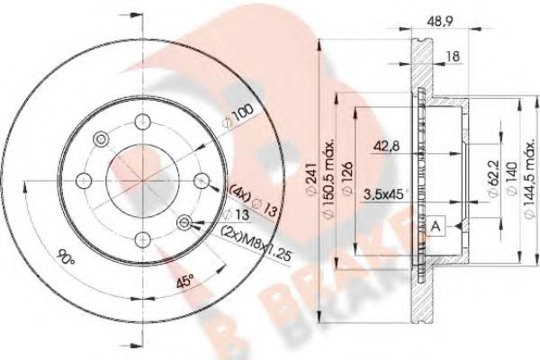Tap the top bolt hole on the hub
pyautogui.click(x=142, y=124)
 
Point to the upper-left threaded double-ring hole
pyautogui.click(x=101, y=139)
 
